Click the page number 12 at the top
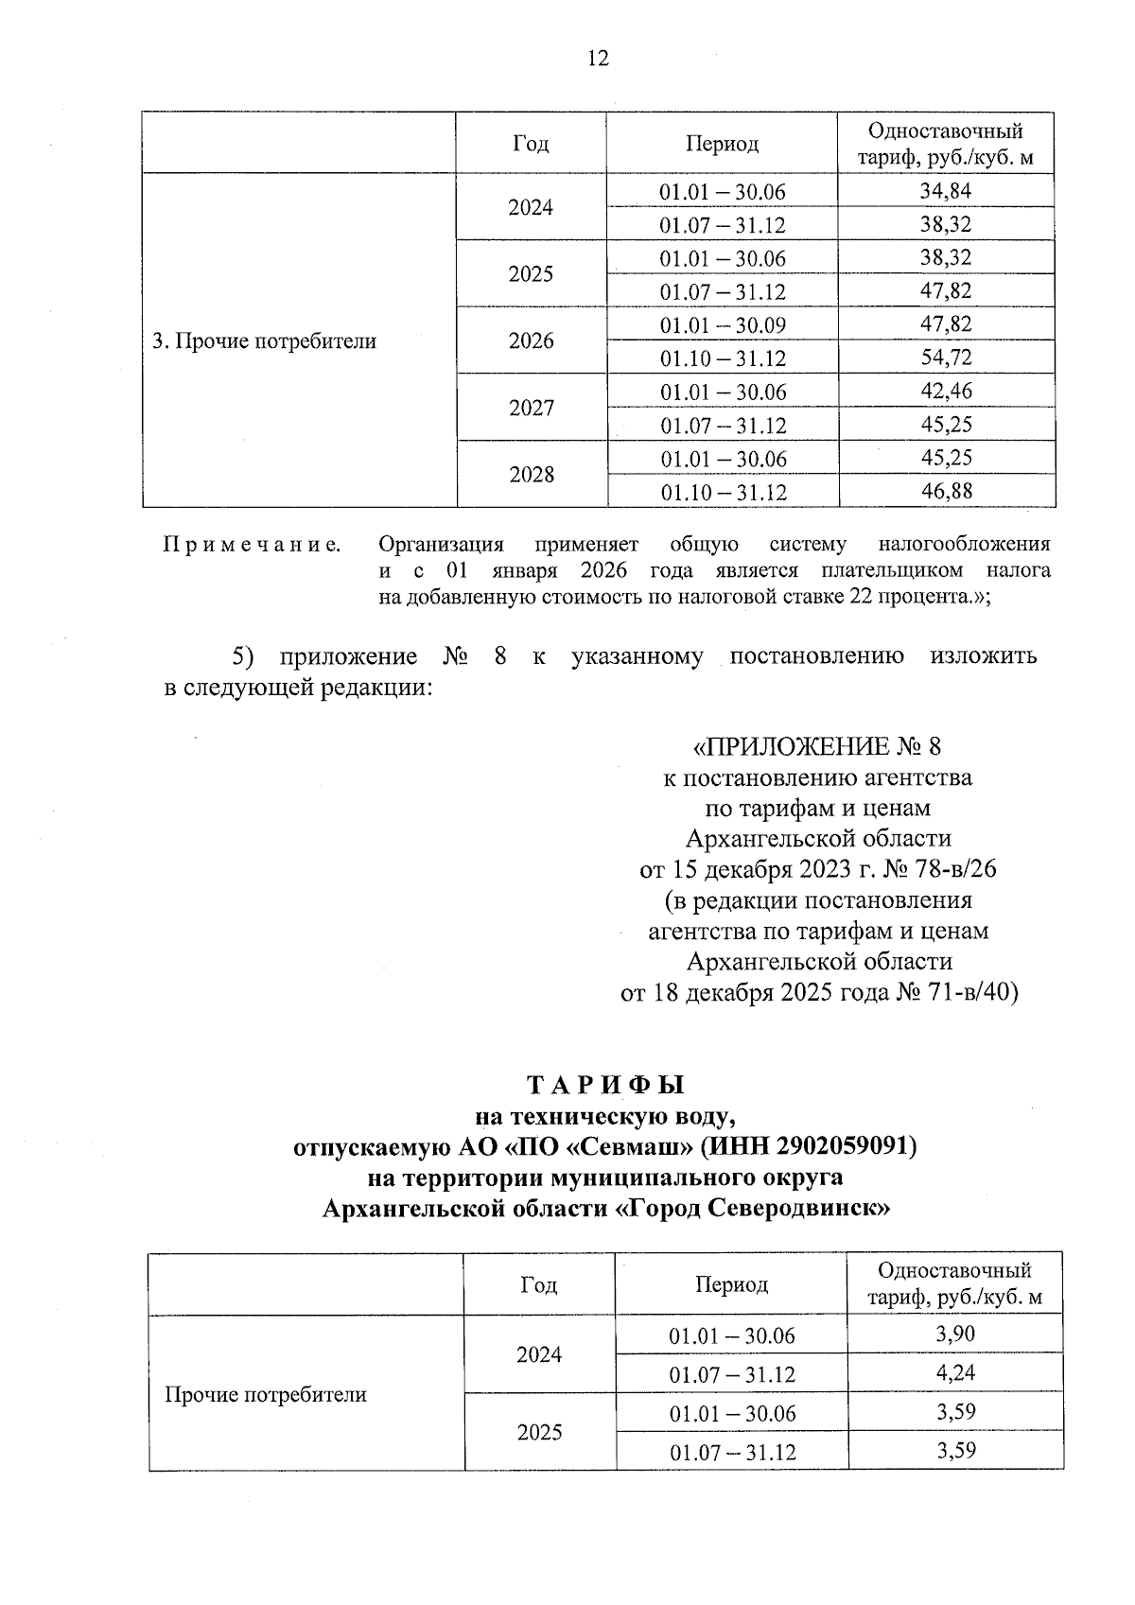tap(598, 59)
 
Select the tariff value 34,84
tap(946, 191)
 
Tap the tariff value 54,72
tap(946, 358)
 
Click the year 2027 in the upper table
tap(532, 408)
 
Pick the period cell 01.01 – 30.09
tap(723, 325)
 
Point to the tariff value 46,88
tap(946, 491)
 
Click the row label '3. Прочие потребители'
tap(265, 341)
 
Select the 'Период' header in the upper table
tap(723, 144)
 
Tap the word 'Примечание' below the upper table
tap(252, 545)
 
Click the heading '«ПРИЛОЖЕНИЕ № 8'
tap(818, 747)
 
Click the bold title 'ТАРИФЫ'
tap(605, 1085)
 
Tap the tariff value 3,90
tap(955, 1334)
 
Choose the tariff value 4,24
tap(955, 1373)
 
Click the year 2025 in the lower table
tap(539, 1432)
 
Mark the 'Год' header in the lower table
tap(539, 1285)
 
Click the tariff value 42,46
tap(946, 391)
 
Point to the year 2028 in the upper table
tap(532, 475)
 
